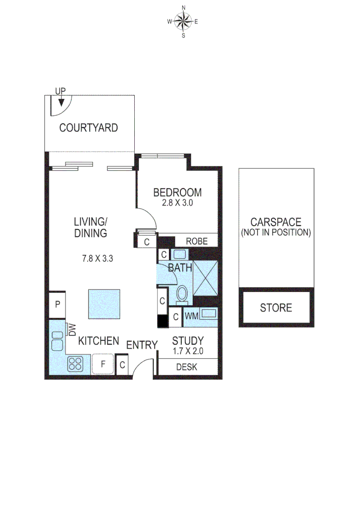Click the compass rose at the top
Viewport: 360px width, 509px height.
coord(183,21)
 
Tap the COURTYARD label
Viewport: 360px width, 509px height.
coord(89,128)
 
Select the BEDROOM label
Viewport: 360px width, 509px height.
coord(178,192)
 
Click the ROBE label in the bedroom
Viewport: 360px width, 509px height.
coord(196,241)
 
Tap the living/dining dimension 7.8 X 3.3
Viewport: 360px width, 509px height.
coord(98,258)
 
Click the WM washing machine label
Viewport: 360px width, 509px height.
coord(190,316)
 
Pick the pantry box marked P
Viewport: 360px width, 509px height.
coord(57,304)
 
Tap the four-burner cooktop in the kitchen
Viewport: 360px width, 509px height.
coord(76,363)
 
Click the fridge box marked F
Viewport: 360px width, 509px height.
coord(103,364)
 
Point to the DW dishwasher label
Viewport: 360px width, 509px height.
coord(72,329)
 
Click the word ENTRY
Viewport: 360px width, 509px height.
coord(141,345)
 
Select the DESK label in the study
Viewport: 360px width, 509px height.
coord(187,367)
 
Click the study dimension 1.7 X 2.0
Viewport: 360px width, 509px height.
coord(188,351)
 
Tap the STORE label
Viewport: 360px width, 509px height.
coord(276,308)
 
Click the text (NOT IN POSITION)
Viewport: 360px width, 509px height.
coord(276,233)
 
